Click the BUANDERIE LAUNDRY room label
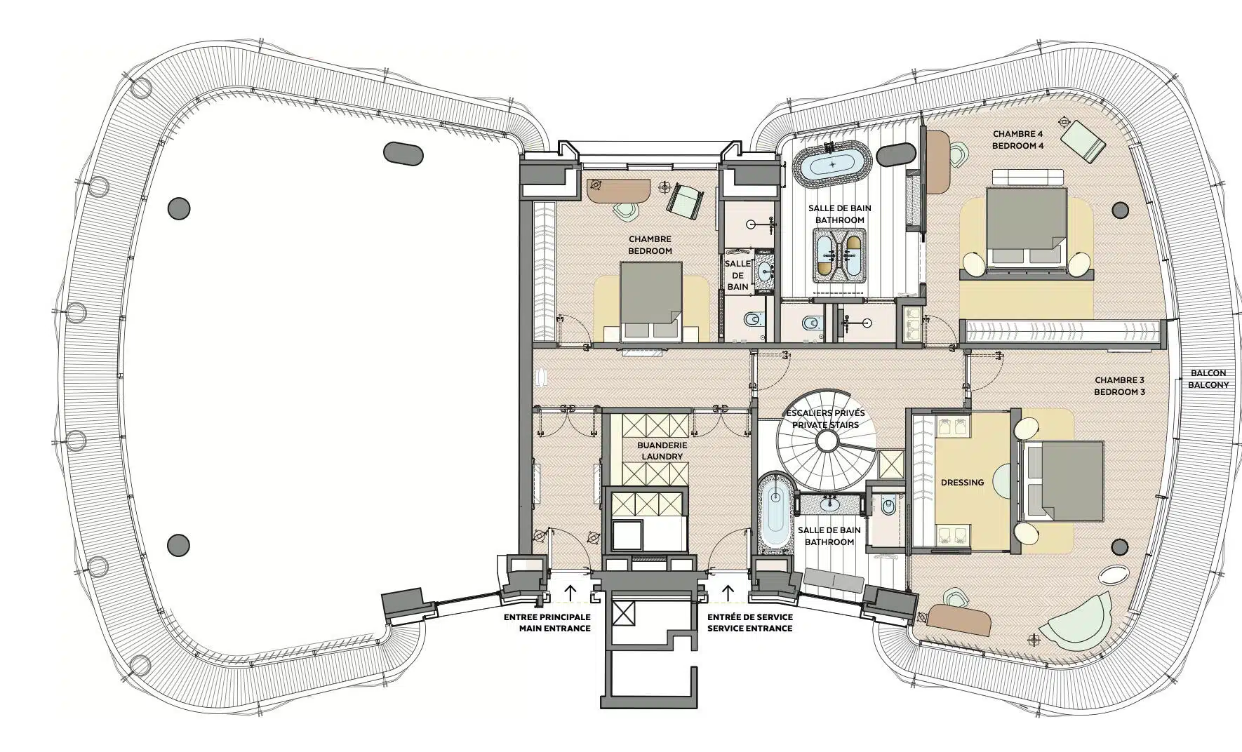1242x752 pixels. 662,450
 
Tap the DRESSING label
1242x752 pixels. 962,482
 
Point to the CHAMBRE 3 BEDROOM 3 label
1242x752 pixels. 1119,386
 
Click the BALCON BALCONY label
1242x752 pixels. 1208,379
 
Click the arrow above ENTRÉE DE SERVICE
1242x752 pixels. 728,592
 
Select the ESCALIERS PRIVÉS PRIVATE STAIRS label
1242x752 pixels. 825,419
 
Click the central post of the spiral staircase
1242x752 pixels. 827,441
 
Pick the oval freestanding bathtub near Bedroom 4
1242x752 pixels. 833,164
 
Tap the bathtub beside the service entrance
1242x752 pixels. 775,513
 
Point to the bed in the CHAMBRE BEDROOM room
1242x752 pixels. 651,302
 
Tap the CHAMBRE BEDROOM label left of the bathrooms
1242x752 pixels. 650,245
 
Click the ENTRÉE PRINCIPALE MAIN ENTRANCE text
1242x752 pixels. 547,623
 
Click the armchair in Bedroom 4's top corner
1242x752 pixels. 1083,142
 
